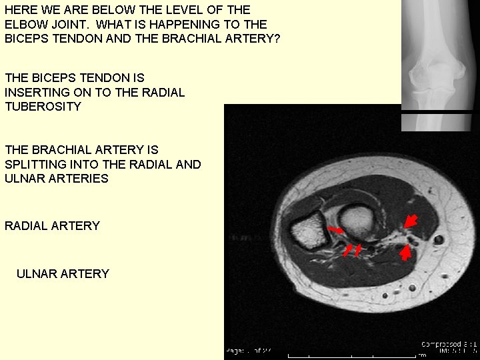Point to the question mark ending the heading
(x=277, y=39)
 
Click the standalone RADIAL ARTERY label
(x=52, y=226)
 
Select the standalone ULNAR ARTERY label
(x=63, y=274)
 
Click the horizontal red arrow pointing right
(x=336, y=230)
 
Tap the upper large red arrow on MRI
(x=412, y=221)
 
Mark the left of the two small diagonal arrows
(x=347, y=249)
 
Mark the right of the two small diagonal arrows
(x=358, y=249)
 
